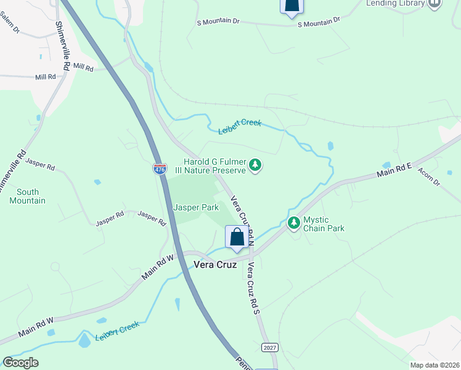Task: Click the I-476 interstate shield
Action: [x=160, y=168]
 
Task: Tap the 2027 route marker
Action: [x=269, y=348]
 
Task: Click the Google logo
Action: [x=20, y=363]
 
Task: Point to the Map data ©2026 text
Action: [x=434, y=365]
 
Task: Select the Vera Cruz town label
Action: [x=216, y=264]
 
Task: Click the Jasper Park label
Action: [x=195, y=207]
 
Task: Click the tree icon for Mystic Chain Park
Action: [x=294, y=221]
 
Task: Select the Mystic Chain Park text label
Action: [x=324, y=224]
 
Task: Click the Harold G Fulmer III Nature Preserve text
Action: [x=215, y=166]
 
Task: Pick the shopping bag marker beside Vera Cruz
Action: [x=237, y=237]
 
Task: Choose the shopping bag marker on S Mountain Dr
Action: [x=292, y=6]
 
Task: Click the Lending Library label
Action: [x=396, y=3]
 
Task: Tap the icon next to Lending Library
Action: [x=435, y=3]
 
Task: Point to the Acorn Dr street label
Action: [x=428, y=177]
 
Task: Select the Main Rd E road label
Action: [x=394, y=172]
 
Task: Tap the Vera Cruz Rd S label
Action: [x=253, y=288]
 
